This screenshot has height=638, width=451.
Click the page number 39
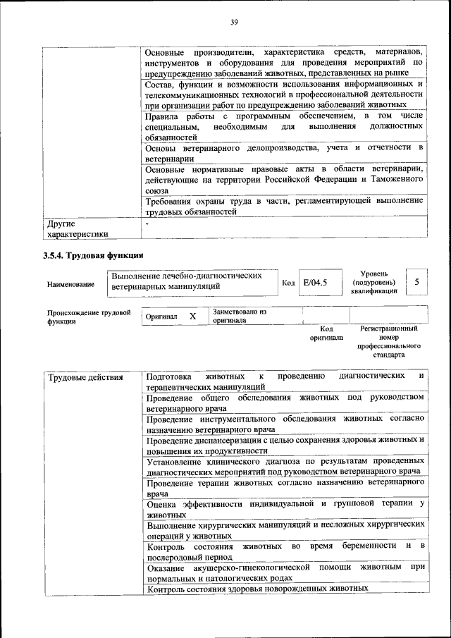click(x=234, y=23)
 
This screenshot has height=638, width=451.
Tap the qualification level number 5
click(x=417, y=282)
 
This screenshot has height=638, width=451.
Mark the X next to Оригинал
click(x=192, y=317)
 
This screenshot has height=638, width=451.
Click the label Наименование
click(x=70, y=284)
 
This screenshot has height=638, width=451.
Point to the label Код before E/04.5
click(x=288, y=283)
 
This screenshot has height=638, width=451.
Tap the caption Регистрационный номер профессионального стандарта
click(x=389, y=342)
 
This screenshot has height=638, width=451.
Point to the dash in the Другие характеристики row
click(x=147, y=223)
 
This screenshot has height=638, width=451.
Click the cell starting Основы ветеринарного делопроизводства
click(x=283, y=153)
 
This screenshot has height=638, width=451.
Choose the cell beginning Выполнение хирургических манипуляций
click(x=283, y=529)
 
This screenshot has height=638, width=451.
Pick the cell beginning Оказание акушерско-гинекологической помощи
click(x=283, y=572)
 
